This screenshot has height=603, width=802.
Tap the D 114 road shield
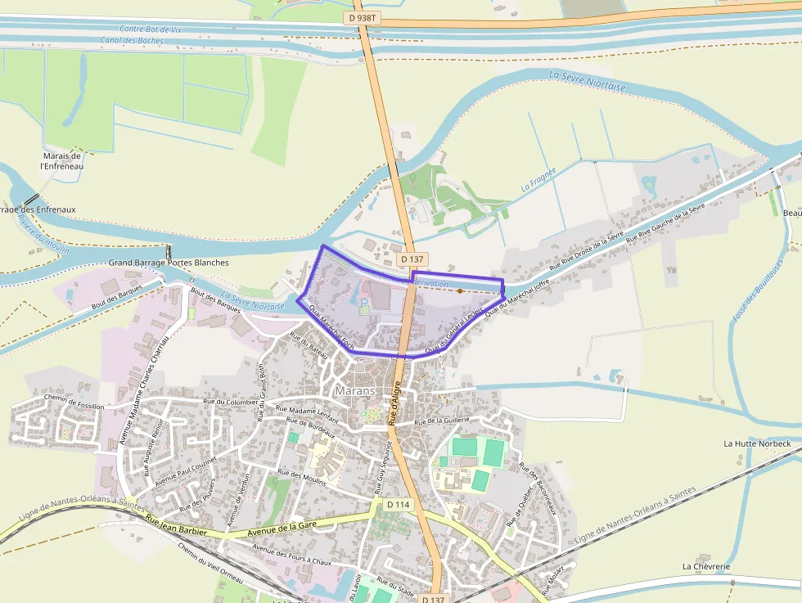point(398,504)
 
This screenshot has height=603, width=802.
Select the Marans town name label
point(355,390)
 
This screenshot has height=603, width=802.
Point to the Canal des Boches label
point(132,40)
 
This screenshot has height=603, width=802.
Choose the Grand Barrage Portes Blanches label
point(169,263)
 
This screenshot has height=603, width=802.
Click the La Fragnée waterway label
point(538,180)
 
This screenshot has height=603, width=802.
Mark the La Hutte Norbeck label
point(757,443)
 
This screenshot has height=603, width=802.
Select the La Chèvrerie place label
point(706,566)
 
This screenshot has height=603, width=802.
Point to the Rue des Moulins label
point(302,478)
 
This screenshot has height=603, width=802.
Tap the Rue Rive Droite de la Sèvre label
point(588,250)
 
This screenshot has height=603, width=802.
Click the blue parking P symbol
point(364,303)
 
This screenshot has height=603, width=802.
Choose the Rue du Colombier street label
point(230,402)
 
